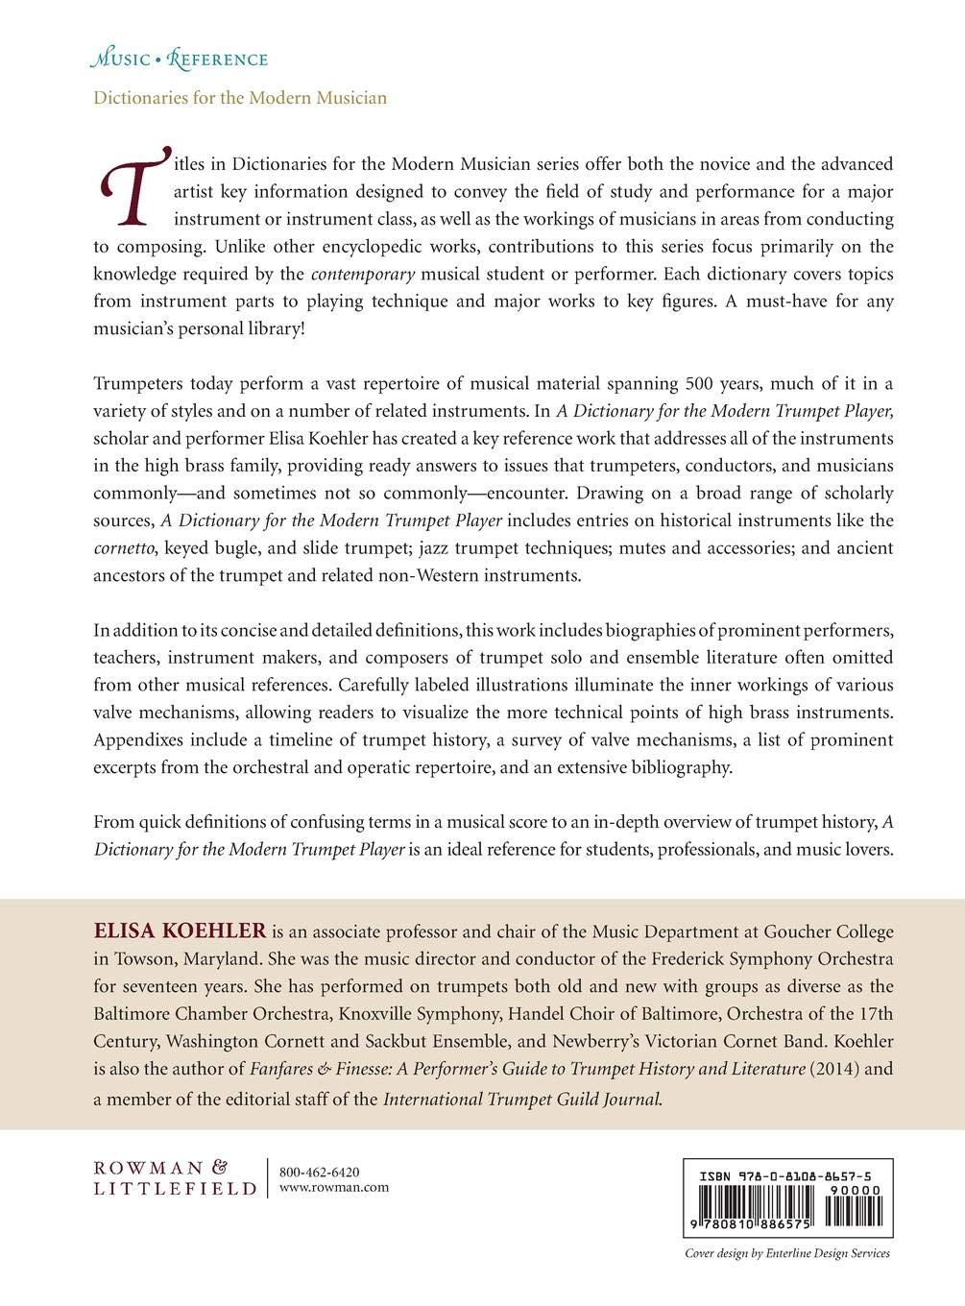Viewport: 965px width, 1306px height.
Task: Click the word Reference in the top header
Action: pyautogui.click(x=217, y=60)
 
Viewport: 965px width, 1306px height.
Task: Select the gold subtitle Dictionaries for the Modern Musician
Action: pyautogui.click(x=240, y=98)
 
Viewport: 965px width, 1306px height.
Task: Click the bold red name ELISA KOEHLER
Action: pyautogui.click(x=180, y=931)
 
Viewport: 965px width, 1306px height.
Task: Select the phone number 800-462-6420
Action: pyautogui.click(x=319, y=1172)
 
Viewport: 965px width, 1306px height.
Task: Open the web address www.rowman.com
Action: pyautogui.click(x=333, y=1187)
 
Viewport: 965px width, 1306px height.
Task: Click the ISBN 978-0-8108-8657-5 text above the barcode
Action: pyautogui.click(x=785, y=1174)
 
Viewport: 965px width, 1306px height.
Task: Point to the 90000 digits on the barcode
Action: pyautogui.click(x=856, y=1190)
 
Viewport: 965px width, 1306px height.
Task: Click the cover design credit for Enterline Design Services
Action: pyautogui.click(x=786, y=1253)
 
